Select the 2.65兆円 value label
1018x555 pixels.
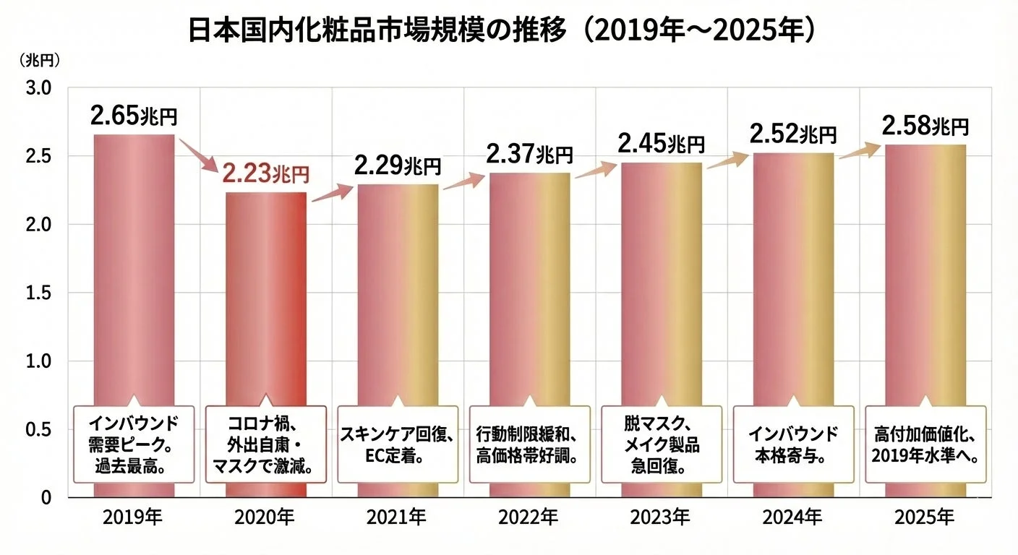tap(134, 116)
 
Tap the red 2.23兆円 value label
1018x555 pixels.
tap(265, 173)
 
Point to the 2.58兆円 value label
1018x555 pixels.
tap(925, 126)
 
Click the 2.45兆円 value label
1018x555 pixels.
tap(661, 143)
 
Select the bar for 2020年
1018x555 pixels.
tap(265, 304)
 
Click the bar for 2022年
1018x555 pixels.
tap(529, 304)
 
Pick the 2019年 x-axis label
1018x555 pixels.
tap(133, 517)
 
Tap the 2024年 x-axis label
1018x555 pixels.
tap(792, 517)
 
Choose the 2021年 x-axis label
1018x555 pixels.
tap(397, 517)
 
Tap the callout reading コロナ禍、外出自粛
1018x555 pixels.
tap(265, 444)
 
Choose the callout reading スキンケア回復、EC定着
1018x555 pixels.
tap(397, 444)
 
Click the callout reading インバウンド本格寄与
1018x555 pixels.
tap(792, 444)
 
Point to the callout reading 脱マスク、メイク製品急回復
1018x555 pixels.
tap(661, 444)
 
